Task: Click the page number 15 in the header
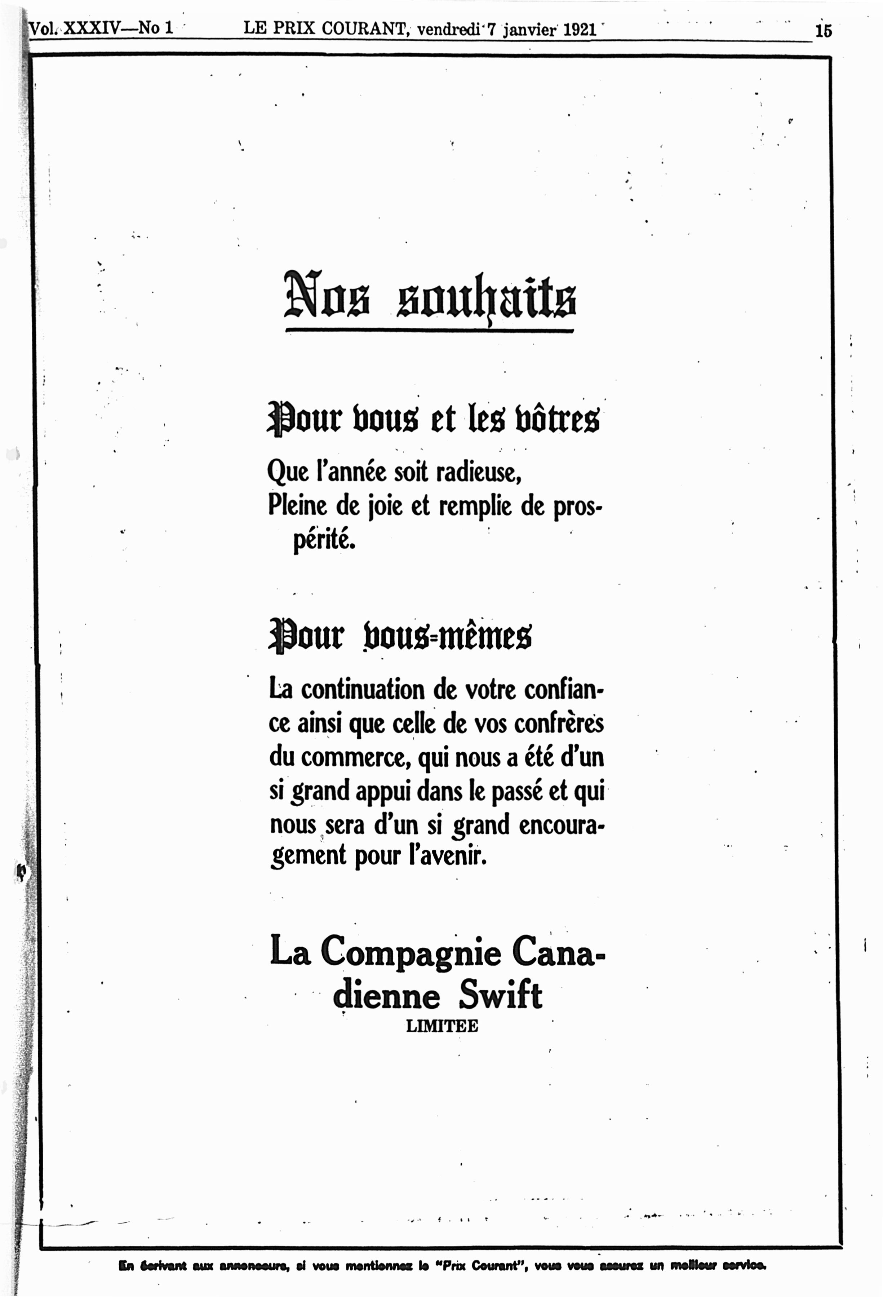(x=823, y=31)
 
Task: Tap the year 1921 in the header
(x=580, y=30)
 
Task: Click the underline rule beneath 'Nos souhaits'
(x=429, y=331)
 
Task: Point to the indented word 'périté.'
(x=324, y=539)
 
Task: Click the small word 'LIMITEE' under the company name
(x=441, y=1026)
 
